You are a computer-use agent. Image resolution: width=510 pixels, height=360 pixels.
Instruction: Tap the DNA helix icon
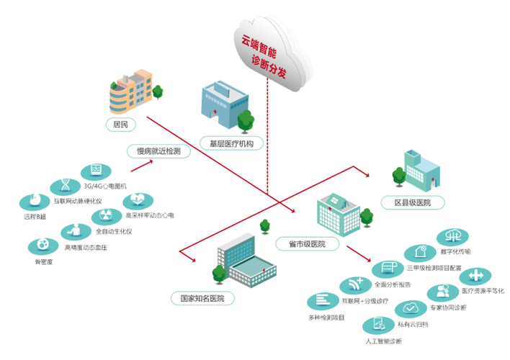pos(66,185)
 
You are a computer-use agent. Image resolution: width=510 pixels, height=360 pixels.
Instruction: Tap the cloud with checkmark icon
pos(408,307)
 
